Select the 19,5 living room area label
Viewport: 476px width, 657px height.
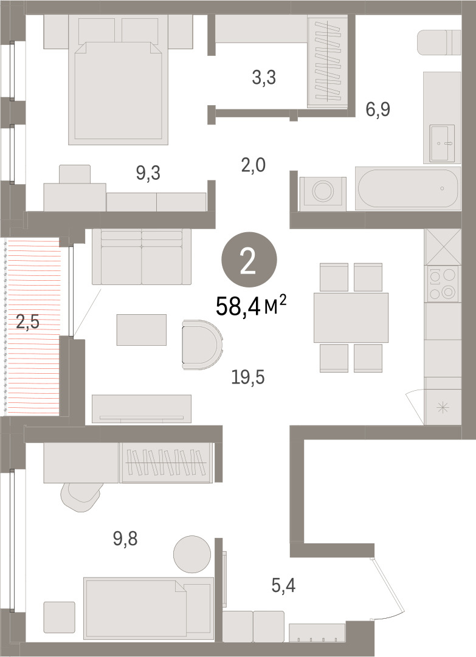[248, 377]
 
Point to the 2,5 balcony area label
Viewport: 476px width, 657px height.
[27, 323]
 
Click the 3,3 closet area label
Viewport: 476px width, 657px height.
[264, 78]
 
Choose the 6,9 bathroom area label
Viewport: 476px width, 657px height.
[378, 109]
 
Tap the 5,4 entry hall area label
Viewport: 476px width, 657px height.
[283, 585]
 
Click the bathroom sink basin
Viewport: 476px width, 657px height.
[443, 143]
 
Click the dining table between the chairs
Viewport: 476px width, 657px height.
[351, 318]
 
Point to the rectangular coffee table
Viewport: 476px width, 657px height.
[142, 330]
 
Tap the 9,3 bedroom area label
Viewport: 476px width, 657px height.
[148, 173]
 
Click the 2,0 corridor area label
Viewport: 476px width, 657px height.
[254, 165]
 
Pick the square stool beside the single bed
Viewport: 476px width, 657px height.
[60, 617]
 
